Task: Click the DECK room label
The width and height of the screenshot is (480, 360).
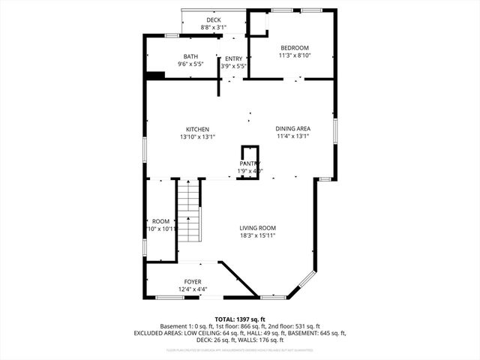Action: pos(213,20)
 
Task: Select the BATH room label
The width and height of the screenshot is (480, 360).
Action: pos(191,57)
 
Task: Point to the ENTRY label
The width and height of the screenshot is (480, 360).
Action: pos(233,59)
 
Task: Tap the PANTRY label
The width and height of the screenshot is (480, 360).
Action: pos(250,163)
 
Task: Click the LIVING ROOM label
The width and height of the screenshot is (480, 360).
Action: pos(257,228)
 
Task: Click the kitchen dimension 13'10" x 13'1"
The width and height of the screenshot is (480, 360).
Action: pos(198,137)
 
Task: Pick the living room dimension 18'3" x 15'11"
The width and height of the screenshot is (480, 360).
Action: pos(257,235)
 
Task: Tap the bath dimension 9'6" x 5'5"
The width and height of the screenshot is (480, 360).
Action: pos(191,64)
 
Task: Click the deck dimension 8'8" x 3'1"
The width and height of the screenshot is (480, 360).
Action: pos(213,28)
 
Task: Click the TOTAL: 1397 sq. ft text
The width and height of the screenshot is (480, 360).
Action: pos(239,319)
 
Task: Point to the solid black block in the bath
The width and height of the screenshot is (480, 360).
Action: pos(155,75)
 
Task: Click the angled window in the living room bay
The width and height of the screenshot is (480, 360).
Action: pos(304,281)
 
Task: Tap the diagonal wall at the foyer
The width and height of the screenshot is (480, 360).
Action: pos(238,279)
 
